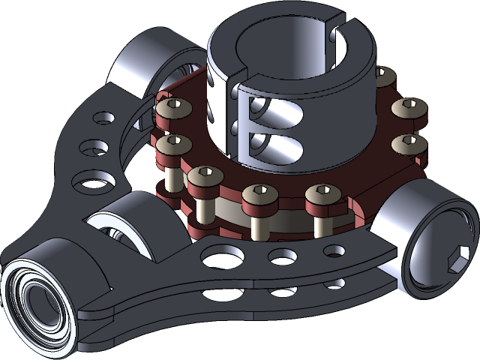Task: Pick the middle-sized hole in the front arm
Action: [x=283, y=256]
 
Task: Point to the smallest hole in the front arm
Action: [x=334, y=250]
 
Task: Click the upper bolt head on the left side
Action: [x=175, y=109]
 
